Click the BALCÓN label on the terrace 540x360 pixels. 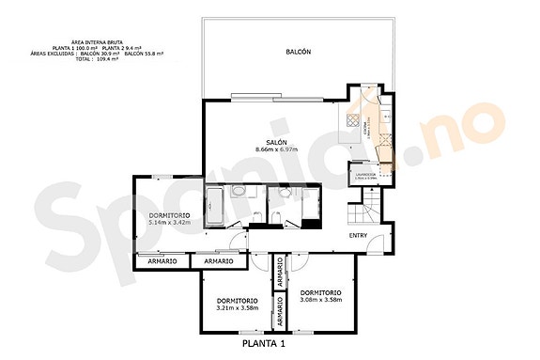pos(299,53)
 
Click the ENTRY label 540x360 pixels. pos(359,235)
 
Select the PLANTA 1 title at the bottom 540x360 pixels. pos(264,345)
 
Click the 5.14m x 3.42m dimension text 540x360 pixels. pos(170,224)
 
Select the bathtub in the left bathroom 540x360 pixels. pos(213,206)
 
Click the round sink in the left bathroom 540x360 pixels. pos(239,194)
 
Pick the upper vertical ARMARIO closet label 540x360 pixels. pos(280,274)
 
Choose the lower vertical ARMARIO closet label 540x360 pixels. pos(280,314)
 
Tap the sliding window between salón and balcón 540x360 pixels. pos(277,95)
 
